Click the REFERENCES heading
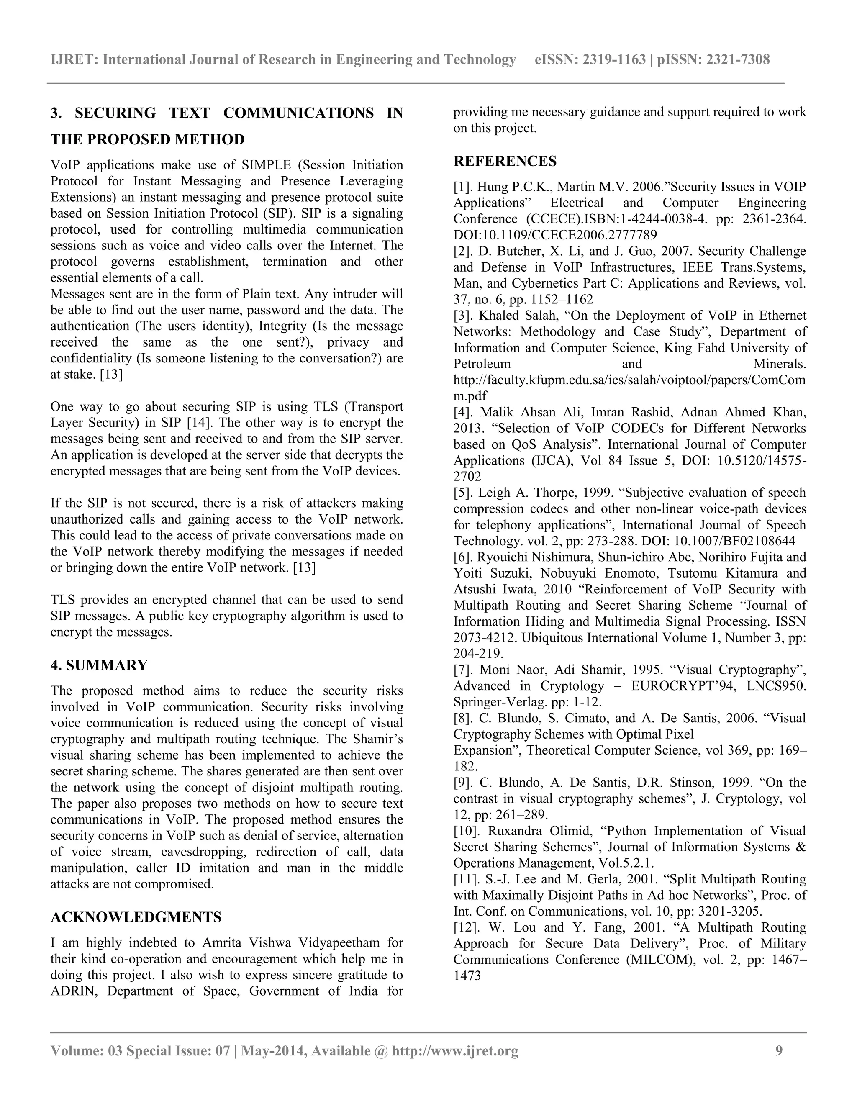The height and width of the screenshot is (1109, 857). point(505,162)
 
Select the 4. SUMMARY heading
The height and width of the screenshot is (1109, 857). point(99,665)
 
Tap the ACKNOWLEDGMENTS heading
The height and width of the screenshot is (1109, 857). point(136,917)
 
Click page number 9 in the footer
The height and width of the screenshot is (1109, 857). point(779,1050)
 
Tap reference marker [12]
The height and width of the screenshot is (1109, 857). point(466,928)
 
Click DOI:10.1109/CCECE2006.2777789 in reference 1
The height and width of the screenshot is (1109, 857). point(554,235)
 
